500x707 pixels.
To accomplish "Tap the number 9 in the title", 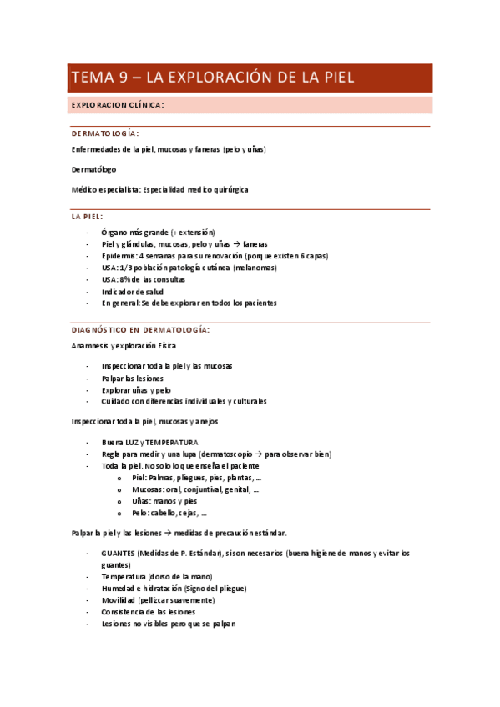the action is pos(122,78).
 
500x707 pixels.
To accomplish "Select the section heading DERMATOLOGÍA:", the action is pos(105,133).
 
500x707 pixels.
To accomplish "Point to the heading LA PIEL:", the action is pos(87,216).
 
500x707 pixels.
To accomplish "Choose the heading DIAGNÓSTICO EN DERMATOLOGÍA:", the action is pos(140,329).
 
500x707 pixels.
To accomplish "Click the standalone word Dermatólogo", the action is pos(94,169).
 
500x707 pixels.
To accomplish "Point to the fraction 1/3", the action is pos(128,268).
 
